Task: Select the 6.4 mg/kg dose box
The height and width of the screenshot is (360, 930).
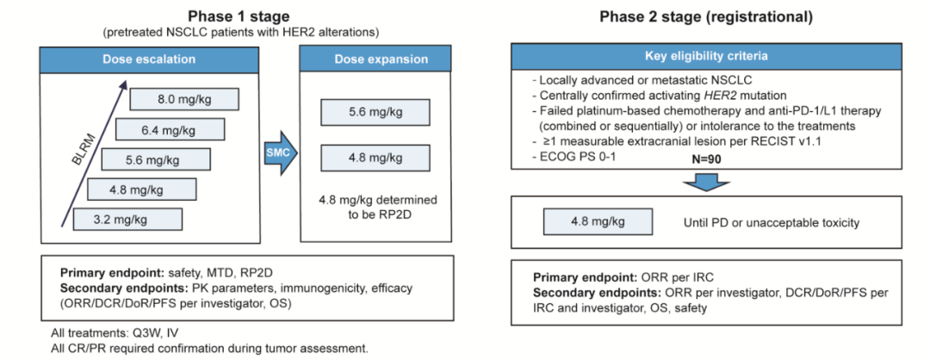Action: pos(170,130)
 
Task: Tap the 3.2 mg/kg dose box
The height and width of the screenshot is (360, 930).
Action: pos(127,219)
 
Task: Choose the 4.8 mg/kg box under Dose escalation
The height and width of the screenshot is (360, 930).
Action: pos(142,189)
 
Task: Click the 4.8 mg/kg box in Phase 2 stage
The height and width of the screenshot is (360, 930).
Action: pos(595,222)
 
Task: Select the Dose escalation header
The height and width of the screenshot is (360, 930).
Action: pos(148,59)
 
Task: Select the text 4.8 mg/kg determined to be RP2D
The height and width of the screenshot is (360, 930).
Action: pos(376,207)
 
